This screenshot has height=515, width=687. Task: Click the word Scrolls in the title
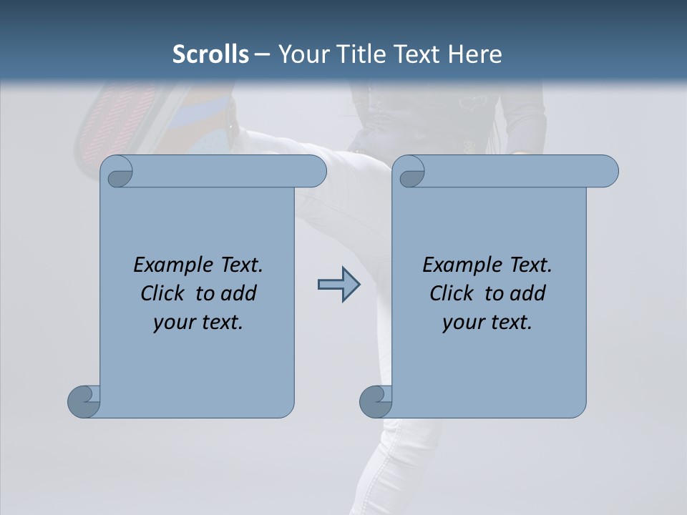(210, 54)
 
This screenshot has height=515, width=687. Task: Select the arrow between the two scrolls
(338, 285)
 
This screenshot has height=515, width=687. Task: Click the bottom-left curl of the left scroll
(84, 401)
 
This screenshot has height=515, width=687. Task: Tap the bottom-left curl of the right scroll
(376, 401)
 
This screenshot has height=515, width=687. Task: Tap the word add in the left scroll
(239, 293)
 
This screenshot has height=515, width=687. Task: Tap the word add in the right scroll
(528, 293)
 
